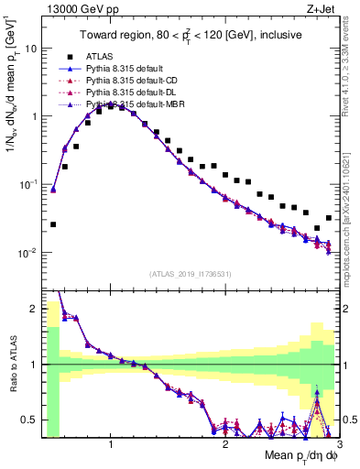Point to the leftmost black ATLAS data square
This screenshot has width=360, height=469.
53,224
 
